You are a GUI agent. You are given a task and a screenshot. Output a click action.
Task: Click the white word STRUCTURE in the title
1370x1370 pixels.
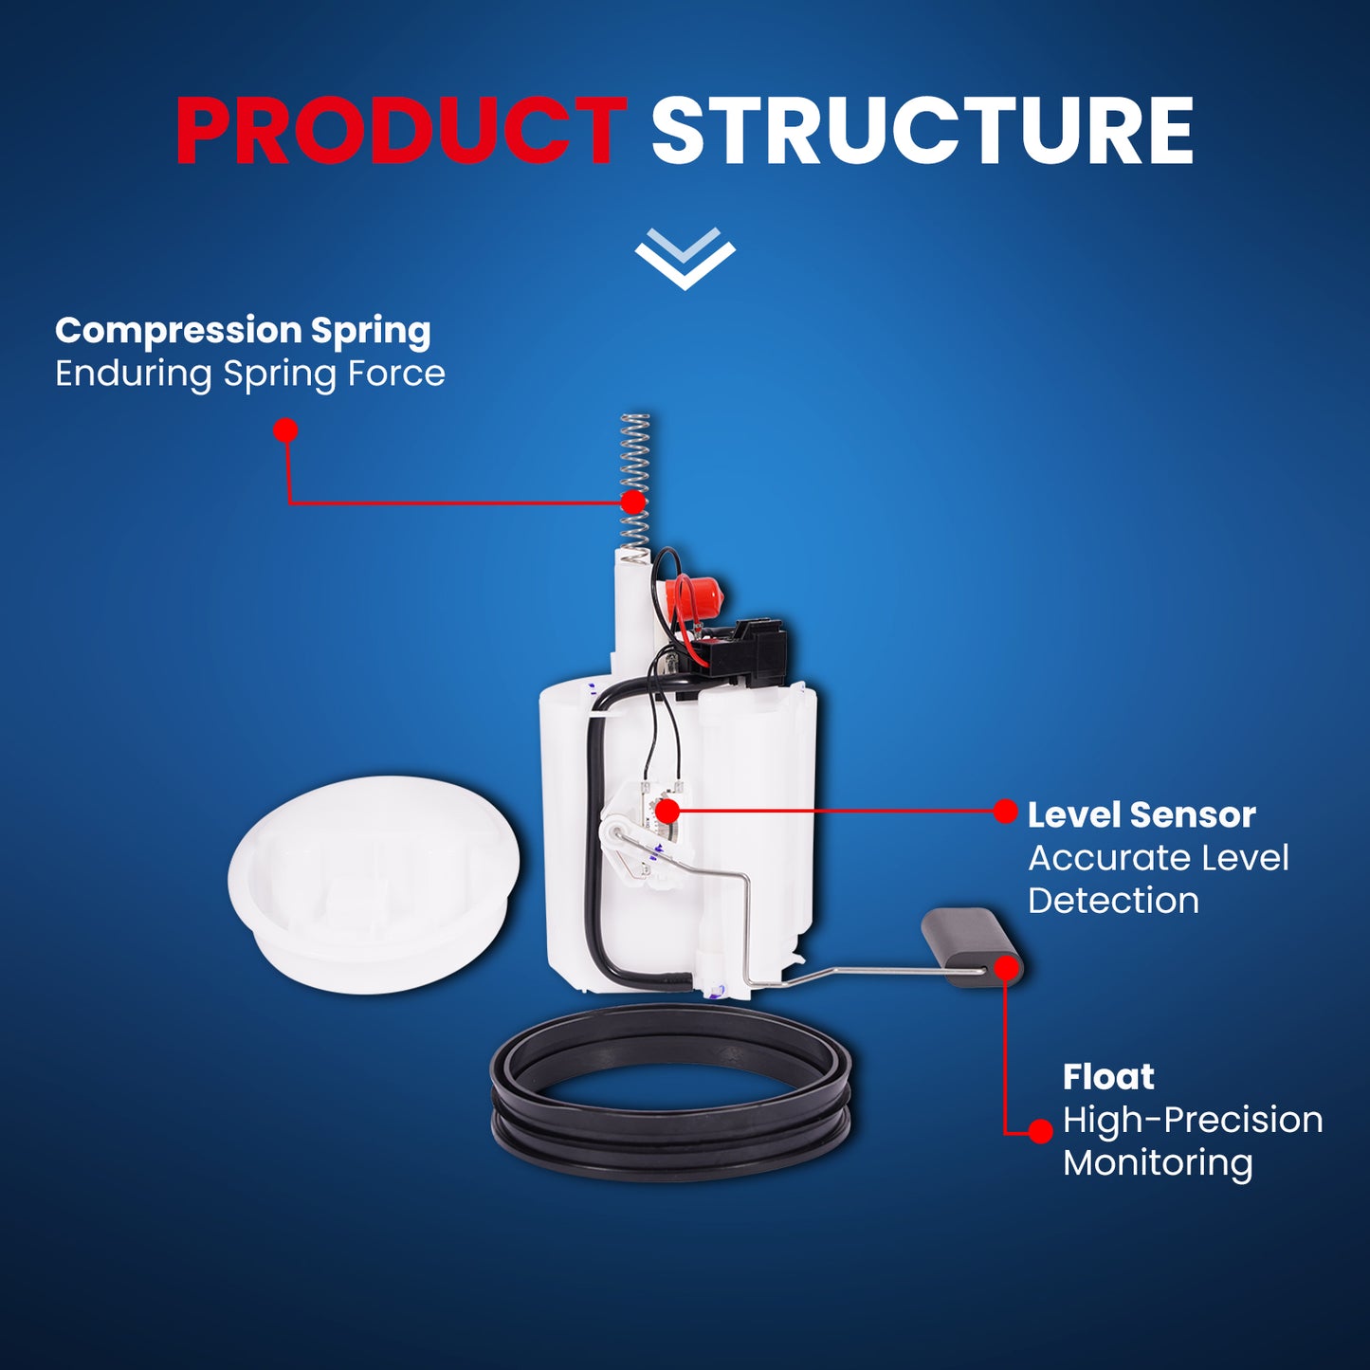point(922,132)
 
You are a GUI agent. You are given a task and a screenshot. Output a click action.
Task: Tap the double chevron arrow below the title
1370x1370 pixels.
point(685,259)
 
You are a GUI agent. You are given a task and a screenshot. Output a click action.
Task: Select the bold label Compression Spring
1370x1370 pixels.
point(243,331)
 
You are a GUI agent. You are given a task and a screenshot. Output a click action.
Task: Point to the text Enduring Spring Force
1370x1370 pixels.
point(250,374)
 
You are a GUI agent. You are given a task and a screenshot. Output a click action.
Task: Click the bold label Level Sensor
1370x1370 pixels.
point(1142,814)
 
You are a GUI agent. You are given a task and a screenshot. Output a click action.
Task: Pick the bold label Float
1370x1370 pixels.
point(1108,1077)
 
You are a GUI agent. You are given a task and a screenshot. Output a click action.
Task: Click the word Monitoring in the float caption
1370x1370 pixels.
point(1158,1163)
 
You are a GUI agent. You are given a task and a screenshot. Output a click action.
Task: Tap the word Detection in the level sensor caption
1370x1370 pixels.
point(1113,901)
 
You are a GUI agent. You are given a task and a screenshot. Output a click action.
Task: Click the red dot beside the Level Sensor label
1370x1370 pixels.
point(1005,812)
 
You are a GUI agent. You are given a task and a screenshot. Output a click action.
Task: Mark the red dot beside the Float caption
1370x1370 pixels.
point(1041,1131)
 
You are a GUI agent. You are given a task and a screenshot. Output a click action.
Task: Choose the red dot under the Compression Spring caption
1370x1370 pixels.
point(285,430)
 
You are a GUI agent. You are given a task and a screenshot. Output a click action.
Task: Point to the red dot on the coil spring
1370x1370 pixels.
point(632,502)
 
